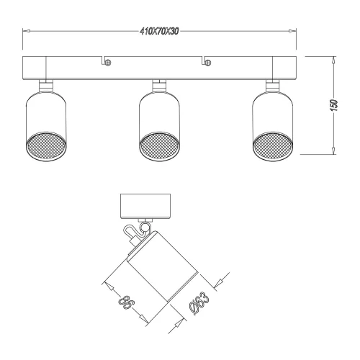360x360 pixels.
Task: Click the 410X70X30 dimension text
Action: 159,32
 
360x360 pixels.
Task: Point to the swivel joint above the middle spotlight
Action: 158,86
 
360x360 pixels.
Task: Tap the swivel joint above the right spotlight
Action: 273,86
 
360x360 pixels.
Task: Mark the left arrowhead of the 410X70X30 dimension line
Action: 26,32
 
